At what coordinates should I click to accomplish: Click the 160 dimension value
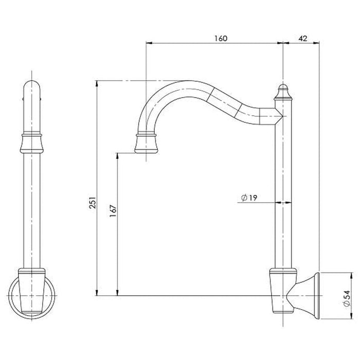click(x=221, y=38)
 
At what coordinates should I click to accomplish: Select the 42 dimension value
click(x=302, y=39)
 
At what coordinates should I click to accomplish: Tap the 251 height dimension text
click(x=92, y=203)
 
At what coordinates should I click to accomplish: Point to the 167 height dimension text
click(x=113, y=211)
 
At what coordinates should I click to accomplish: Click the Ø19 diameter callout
click(x=249, y=197)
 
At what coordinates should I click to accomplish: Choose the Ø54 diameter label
click(x=347, y=298)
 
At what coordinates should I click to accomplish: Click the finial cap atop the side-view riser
click(x=283, y=92)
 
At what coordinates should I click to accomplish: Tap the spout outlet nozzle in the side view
click(x=146, y=143)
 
